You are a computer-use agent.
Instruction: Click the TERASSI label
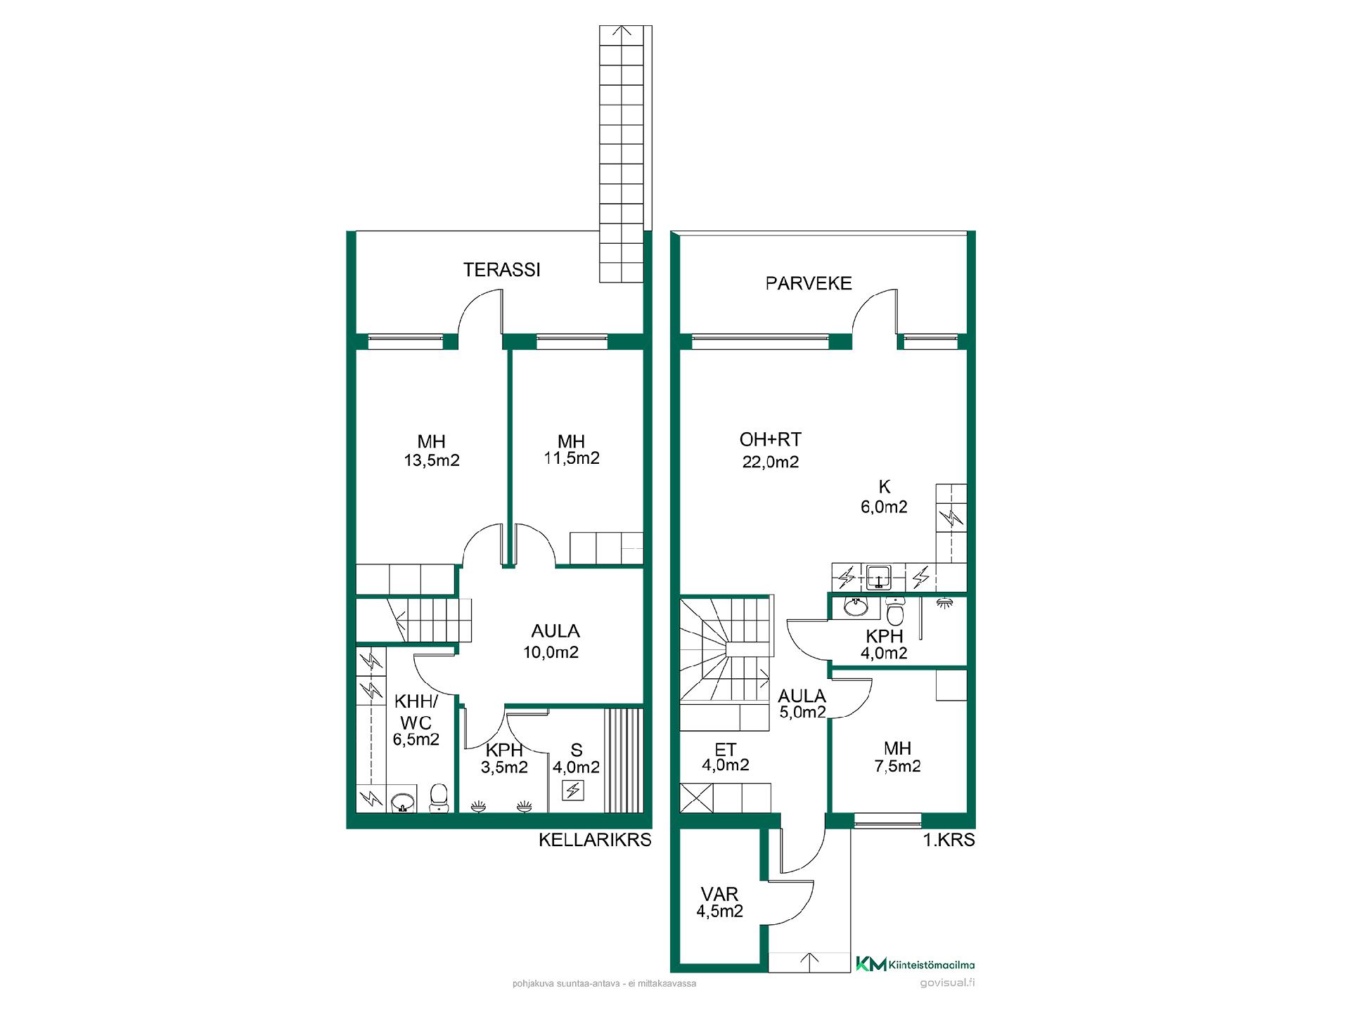pos(501,270)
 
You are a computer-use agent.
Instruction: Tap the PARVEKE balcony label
pos(809,283)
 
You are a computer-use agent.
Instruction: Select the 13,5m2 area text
pos(431,461)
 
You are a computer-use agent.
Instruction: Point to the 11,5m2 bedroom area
pos(572,458)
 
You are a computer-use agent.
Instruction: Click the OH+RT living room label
pos(770,440)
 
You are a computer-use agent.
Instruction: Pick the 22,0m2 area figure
pos(771,462)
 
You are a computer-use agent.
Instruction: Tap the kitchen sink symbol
pos(879,577)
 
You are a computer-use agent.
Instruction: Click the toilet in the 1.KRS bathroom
pos(894,611)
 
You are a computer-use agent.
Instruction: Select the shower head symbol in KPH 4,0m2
pos(945,602)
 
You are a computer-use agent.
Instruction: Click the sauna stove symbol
pos(574,791)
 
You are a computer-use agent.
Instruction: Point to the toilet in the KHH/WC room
pos(439,798)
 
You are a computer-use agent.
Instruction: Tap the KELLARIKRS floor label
pos(595,840)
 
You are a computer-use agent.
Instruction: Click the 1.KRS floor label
pos(949,840)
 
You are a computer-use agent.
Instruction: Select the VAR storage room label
pos(719,894)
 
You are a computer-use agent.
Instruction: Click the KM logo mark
pos(870,964)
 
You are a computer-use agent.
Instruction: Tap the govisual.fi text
pos(947,983)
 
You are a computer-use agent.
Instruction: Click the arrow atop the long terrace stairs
pos(622,32)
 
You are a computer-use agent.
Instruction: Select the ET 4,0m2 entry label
pos(725,757)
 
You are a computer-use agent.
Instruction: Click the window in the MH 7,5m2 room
pos(887,819)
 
